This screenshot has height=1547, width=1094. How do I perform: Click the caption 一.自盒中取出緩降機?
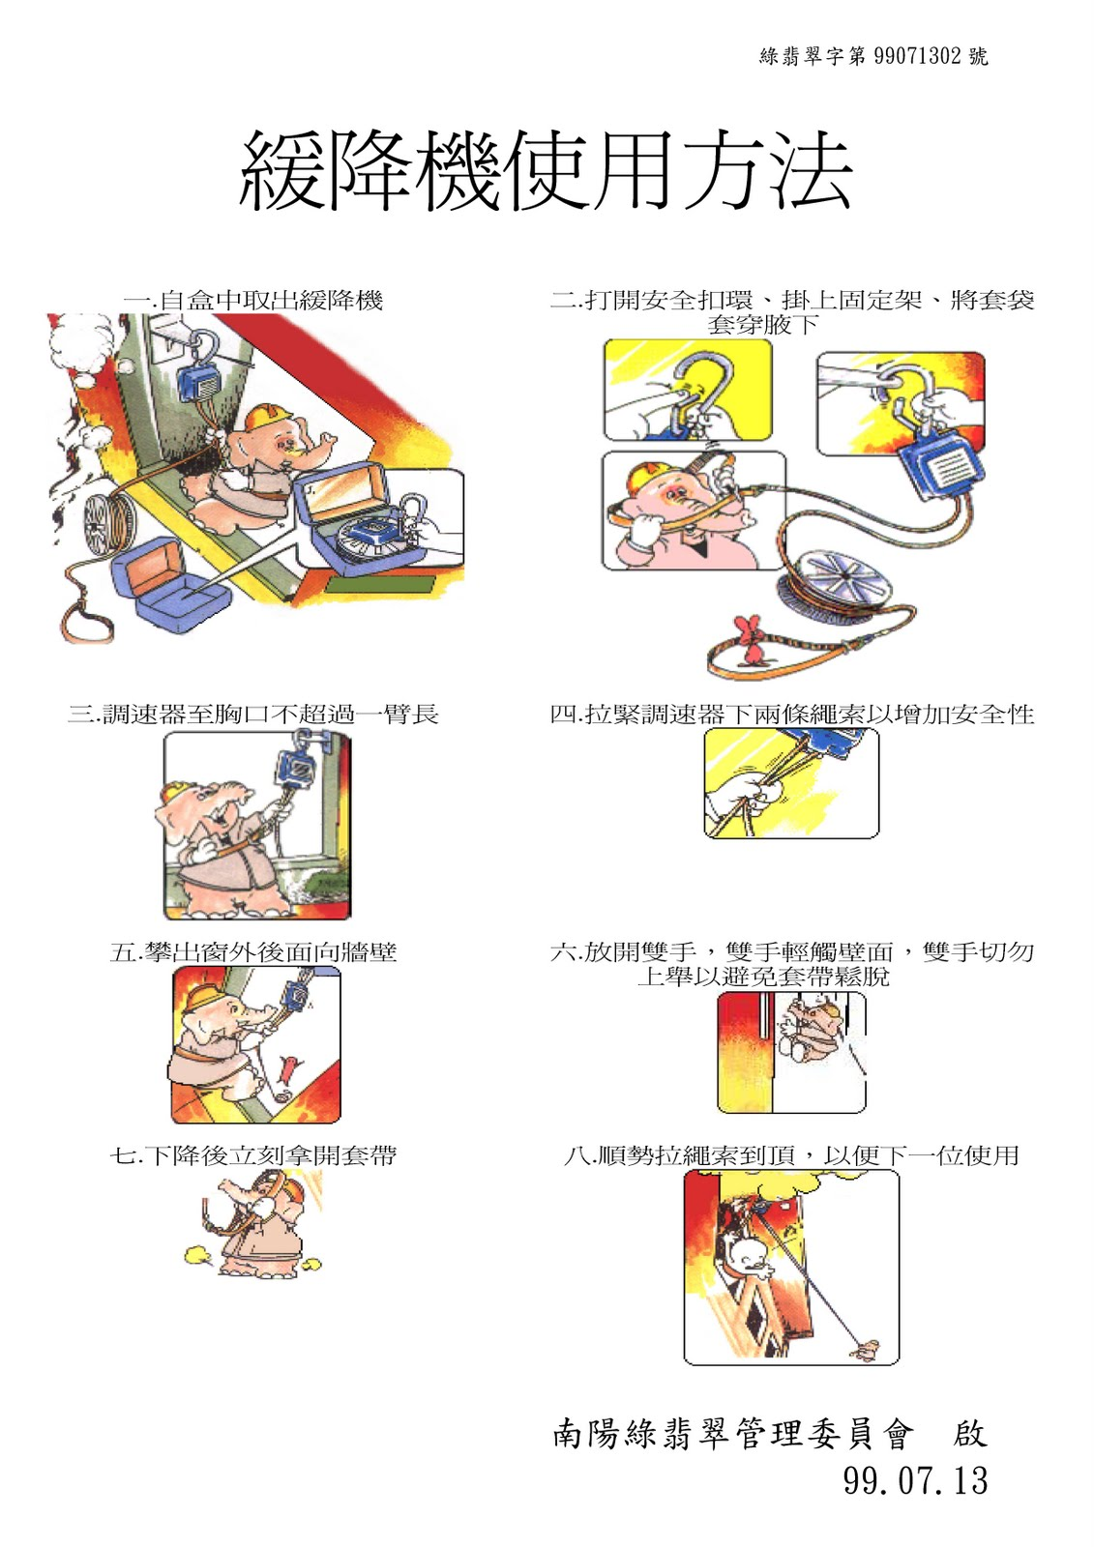pos(252,301)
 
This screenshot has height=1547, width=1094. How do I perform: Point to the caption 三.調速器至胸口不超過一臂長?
pos(252,715)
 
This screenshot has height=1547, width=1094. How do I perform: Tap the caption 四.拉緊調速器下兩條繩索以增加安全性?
pos(792,715)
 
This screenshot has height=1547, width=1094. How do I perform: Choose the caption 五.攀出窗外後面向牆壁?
pos(252,952)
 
